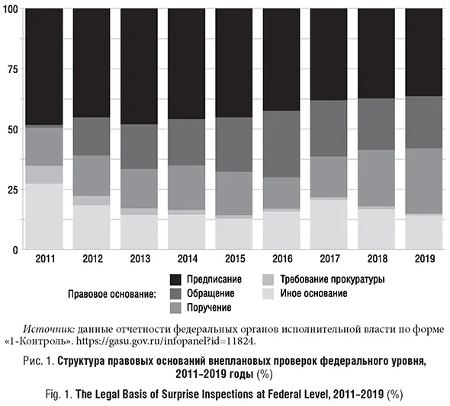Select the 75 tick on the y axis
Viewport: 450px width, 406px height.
(x=12, y=69)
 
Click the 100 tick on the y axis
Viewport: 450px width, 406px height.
(x=11, y=9)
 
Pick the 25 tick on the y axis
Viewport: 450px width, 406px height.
(x=12, y=190)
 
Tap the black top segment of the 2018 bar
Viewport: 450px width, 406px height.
(x=377, y=54)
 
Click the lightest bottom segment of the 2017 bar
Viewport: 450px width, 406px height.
(x=329, y=224)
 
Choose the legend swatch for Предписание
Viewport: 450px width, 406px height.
(x=175, y=280)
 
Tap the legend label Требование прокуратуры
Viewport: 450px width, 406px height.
(x=333, y=280)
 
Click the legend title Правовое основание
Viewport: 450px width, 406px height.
(x=111, y=293)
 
